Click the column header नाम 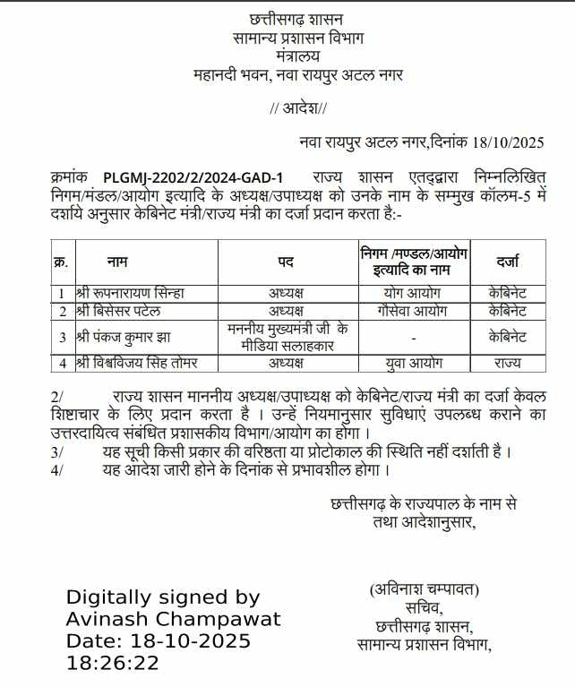[116, 262]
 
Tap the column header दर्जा [508, 262]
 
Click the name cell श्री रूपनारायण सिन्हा [130, 293]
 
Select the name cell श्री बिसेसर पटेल [120, 311]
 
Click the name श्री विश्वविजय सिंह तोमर [136, 364]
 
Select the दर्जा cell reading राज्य [508, 364]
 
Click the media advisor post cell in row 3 [286, 337]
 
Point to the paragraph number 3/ [58, 451]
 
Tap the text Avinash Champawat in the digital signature [174, 619]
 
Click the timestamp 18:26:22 [113, 664]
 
